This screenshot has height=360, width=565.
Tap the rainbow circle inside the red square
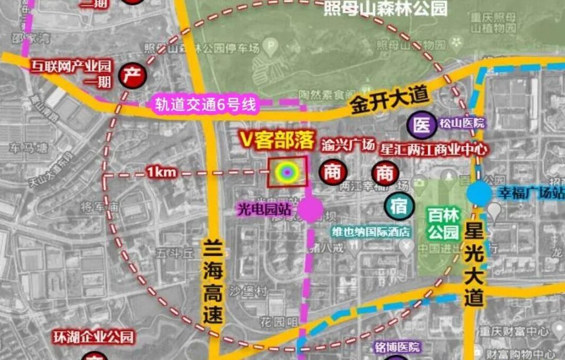287,172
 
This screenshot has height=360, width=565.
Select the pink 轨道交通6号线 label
206,105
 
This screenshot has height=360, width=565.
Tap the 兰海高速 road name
214,281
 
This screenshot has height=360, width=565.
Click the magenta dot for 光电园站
310,209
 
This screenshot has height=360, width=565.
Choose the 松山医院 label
461,124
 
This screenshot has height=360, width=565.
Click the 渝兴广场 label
348,145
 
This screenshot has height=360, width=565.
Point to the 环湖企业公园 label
94,338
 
